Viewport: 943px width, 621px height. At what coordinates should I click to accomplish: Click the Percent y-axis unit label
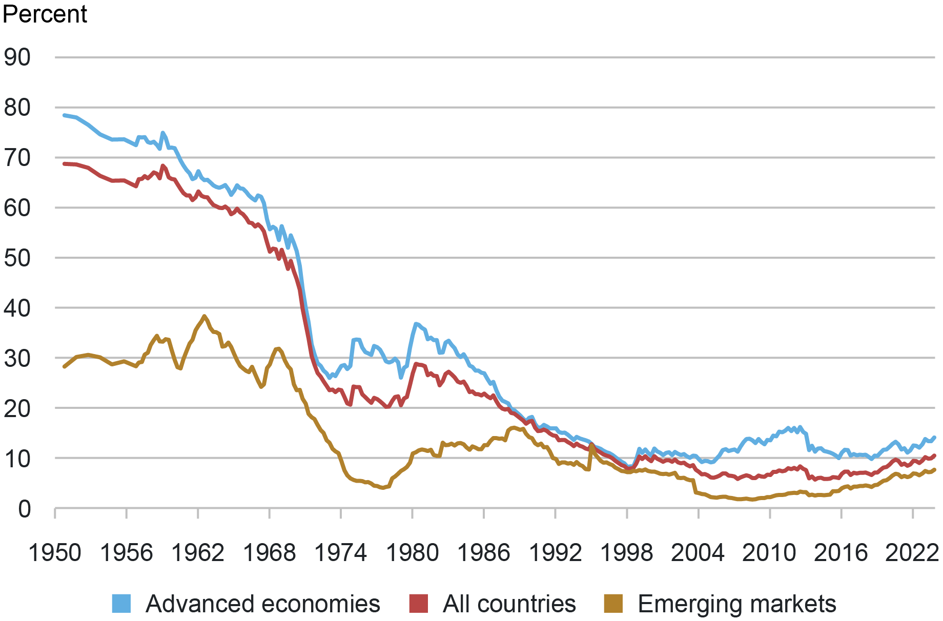(x=45, y=14)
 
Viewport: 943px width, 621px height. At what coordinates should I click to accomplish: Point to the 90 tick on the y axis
(x=17, y=57)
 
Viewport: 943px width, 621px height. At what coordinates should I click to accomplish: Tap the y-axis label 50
(x=17, y=258)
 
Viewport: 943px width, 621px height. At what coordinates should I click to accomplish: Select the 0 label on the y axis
(x=24, y=509)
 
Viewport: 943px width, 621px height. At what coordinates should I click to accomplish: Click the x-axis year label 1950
(x=55, y=553)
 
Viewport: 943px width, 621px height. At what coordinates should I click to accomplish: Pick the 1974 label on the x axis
(x=340, y=553)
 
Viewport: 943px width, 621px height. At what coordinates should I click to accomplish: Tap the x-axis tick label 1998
(x=626, y=553)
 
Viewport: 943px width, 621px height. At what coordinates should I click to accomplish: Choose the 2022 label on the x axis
(x=912, y=553)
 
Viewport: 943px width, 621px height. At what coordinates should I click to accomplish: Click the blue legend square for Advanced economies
(x=121, y=604)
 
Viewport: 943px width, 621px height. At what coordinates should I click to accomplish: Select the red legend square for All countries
(x=418, y=604)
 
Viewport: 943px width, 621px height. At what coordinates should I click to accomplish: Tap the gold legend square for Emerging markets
(x=613, y=604)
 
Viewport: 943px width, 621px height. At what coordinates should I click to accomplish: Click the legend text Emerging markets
(x=737, y=604)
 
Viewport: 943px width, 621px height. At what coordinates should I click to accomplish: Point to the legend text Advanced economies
(x=263, y=604)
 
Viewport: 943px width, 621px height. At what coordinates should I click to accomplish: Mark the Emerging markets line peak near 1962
(x=204, y=316)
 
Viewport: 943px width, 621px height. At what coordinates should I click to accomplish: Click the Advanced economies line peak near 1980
(x=416, y=323)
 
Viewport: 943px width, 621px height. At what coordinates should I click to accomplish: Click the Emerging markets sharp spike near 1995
(x=592, y=445)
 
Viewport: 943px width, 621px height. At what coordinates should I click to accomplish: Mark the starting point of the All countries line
(x=64, y=163)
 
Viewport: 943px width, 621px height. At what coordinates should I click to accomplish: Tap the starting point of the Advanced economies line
(x=64, y=115)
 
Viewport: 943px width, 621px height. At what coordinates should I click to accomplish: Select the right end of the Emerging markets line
(x=935, y=469)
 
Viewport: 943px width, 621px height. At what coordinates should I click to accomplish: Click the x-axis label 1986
(x=483, y=553)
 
